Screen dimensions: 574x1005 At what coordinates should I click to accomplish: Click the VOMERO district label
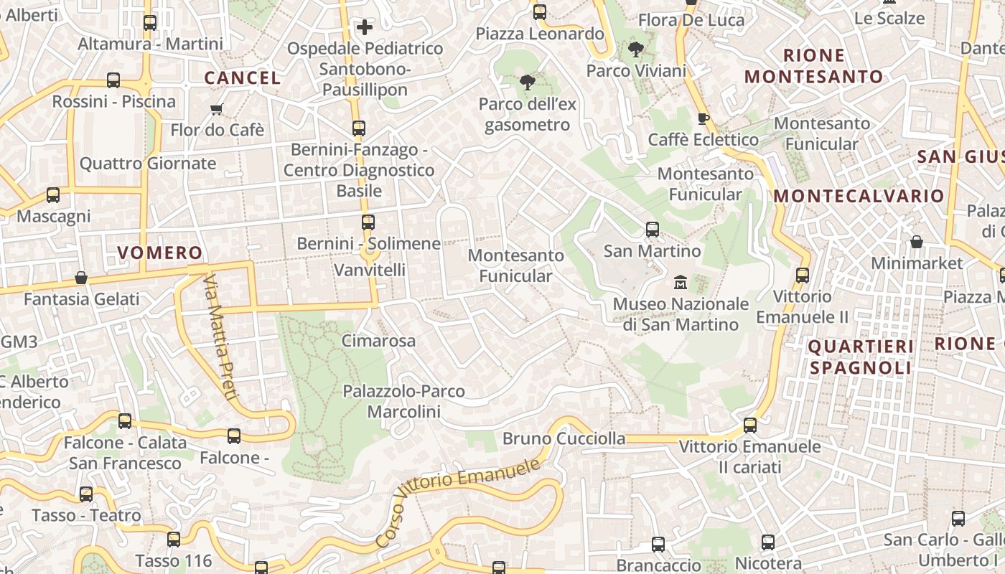click(x=159, y=253)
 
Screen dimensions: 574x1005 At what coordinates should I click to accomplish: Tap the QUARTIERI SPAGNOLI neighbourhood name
click(x=861, y=357)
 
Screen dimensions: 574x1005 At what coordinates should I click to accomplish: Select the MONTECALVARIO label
click(x=859, y=196)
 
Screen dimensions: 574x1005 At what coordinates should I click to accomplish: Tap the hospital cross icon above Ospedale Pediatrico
click(x=365, y=27)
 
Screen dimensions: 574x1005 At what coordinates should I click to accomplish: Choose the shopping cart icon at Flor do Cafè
click(x=217, y=109)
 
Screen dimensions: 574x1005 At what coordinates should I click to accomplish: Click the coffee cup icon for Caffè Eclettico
click(x=703, y=118)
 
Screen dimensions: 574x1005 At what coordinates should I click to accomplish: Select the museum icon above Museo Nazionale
click(x=681, y=282)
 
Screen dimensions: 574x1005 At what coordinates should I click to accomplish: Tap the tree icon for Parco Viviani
click(x=635, y=50)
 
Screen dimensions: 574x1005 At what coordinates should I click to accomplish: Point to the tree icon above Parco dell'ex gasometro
click(x=528, y=82)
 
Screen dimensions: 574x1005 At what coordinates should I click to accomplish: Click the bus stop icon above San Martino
click(x=652, y=230)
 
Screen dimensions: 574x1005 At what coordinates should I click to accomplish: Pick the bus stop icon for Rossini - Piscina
click(x=113, y=80)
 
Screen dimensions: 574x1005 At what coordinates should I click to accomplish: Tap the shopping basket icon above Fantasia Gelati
click(x=81, y=278)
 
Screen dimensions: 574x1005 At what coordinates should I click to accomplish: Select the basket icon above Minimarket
click(x=917, y=242)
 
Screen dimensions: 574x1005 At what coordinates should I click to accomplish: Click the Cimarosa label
click(x=378, y=341)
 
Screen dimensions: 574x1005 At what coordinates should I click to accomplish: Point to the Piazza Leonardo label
click(x=540, y=34)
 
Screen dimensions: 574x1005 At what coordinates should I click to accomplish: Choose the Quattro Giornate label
click(x=147, y=164)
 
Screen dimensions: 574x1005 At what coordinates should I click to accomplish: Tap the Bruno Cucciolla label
click(x=564, y=438)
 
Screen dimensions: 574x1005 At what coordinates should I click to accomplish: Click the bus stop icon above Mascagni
click(x=53, y=194)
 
